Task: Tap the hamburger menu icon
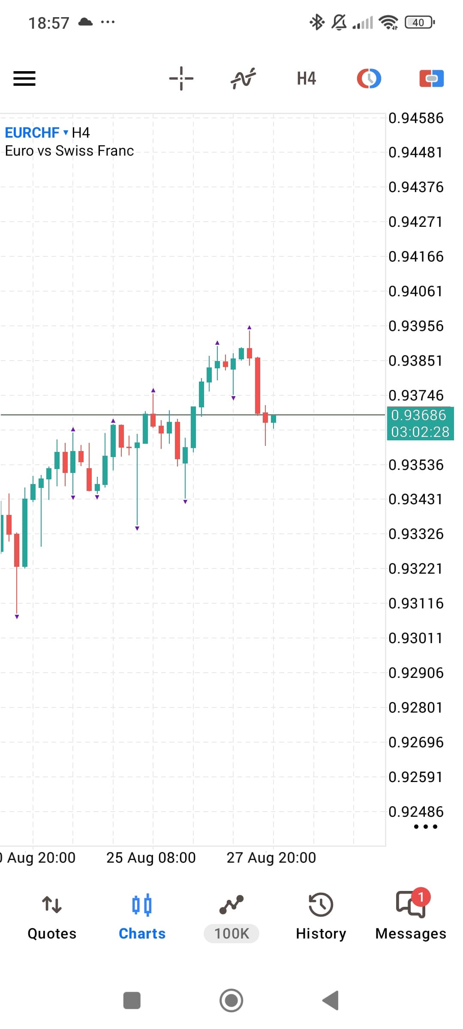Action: pos(24,78)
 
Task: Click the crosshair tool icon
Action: pos(181,78)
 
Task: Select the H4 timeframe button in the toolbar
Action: pos(307,78)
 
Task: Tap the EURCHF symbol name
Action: pos(32,133)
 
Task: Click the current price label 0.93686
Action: pos(419,415)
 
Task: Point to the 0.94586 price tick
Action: pos(416,118)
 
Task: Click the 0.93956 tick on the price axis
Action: pos(416,326)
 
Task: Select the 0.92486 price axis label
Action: pos(416,812)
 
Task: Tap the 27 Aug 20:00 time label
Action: pos(271,857)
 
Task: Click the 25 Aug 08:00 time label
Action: pos(151,857)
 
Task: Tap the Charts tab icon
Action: pos(142,905)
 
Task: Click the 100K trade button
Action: pos(231,933)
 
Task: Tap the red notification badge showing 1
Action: pos(421,897)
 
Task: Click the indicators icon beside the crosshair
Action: pos(244,78)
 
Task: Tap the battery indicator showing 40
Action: pos(420,22)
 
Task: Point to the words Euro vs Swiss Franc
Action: pos(69,151)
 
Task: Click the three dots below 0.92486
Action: pos(426,827)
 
